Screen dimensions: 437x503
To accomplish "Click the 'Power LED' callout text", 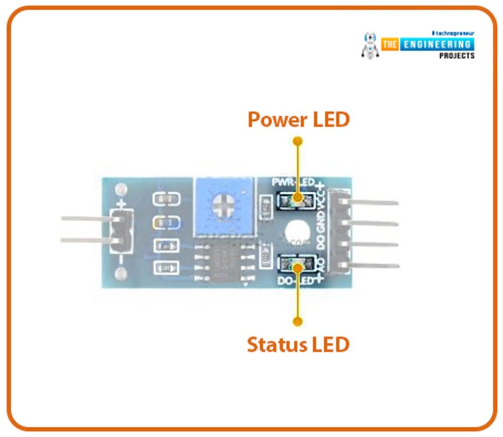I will click(298, 119).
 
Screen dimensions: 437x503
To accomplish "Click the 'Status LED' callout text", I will click(298, 345).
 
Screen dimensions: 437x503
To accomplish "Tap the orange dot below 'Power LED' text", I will click(297, 141).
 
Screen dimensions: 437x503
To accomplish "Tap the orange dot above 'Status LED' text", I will click(297, 322).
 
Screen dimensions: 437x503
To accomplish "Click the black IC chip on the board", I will click(224, 262).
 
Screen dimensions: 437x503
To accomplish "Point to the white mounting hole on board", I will click(296, 231).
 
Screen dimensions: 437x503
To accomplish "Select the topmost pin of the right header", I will click(373, 202).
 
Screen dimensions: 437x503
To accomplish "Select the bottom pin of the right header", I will click(373, 266).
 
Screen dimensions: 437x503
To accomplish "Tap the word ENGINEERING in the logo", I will click(436, 45).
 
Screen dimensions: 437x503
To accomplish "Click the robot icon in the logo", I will click(369, 45).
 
